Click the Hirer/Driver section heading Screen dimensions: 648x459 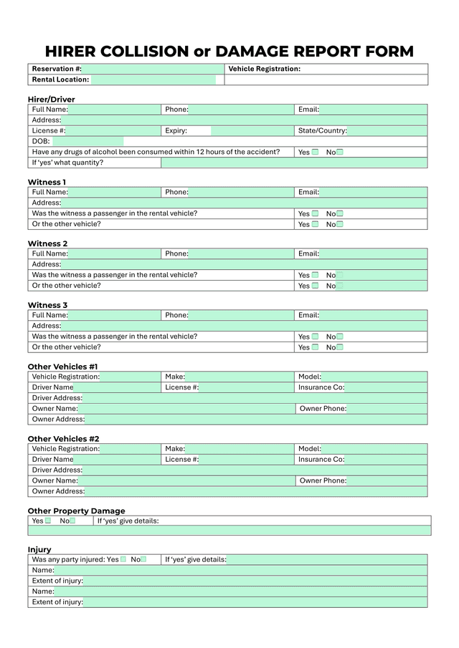(x=51, y=100)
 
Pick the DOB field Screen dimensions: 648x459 (x=87, y=142)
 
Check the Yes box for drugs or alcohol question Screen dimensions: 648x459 (x=315, y=153)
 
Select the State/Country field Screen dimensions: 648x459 (x=387, y=131)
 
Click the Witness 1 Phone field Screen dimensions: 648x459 (x=241, y=192)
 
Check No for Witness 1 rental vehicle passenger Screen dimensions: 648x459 (x=340, y=213)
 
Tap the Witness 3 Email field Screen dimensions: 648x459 (x=372, y=315)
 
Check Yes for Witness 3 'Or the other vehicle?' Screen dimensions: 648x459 (x=315, y=347)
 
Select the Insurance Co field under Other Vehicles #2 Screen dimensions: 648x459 (x=385, y=460)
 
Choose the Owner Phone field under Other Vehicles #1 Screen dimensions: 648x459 (x=387, y=409)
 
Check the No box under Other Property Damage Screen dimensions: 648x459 (x=72, y=521)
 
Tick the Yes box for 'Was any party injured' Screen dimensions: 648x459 (x=123, y=559)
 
